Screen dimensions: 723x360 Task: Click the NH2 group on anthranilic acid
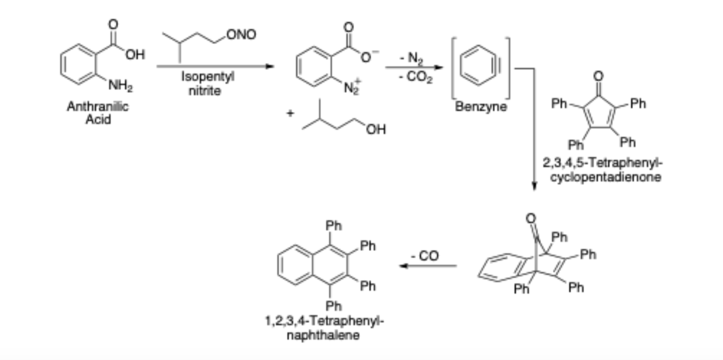tap(120, 86)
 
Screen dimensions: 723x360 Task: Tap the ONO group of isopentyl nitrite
tap(241, 35)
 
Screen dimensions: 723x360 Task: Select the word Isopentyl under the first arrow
tap(208, 77)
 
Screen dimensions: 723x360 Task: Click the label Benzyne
tap(481, 107)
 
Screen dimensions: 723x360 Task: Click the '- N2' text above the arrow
tap(411, 58)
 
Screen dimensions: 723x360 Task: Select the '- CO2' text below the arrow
tap(416, 77)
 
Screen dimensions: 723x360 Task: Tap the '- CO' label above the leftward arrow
tap(425, 256)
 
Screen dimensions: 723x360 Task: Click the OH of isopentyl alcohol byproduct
tap(376, 129)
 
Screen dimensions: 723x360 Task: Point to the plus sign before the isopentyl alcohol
tap(290, 113)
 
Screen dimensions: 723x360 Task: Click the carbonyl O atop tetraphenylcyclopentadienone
tap(598, 76)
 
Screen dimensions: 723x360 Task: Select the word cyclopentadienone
tap(606, 177)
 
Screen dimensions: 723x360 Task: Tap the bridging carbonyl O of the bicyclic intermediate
tap(531, 218)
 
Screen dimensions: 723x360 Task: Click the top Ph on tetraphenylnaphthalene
tap(334, 226)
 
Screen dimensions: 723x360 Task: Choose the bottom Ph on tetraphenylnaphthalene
tap(334, 306)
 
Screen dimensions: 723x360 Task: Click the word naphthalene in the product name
tap(323, 336)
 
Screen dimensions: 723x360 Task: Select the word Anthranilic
tap(98, 107)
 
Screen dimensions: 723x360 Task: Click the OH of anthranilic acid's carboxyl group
tap(135, 55)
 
